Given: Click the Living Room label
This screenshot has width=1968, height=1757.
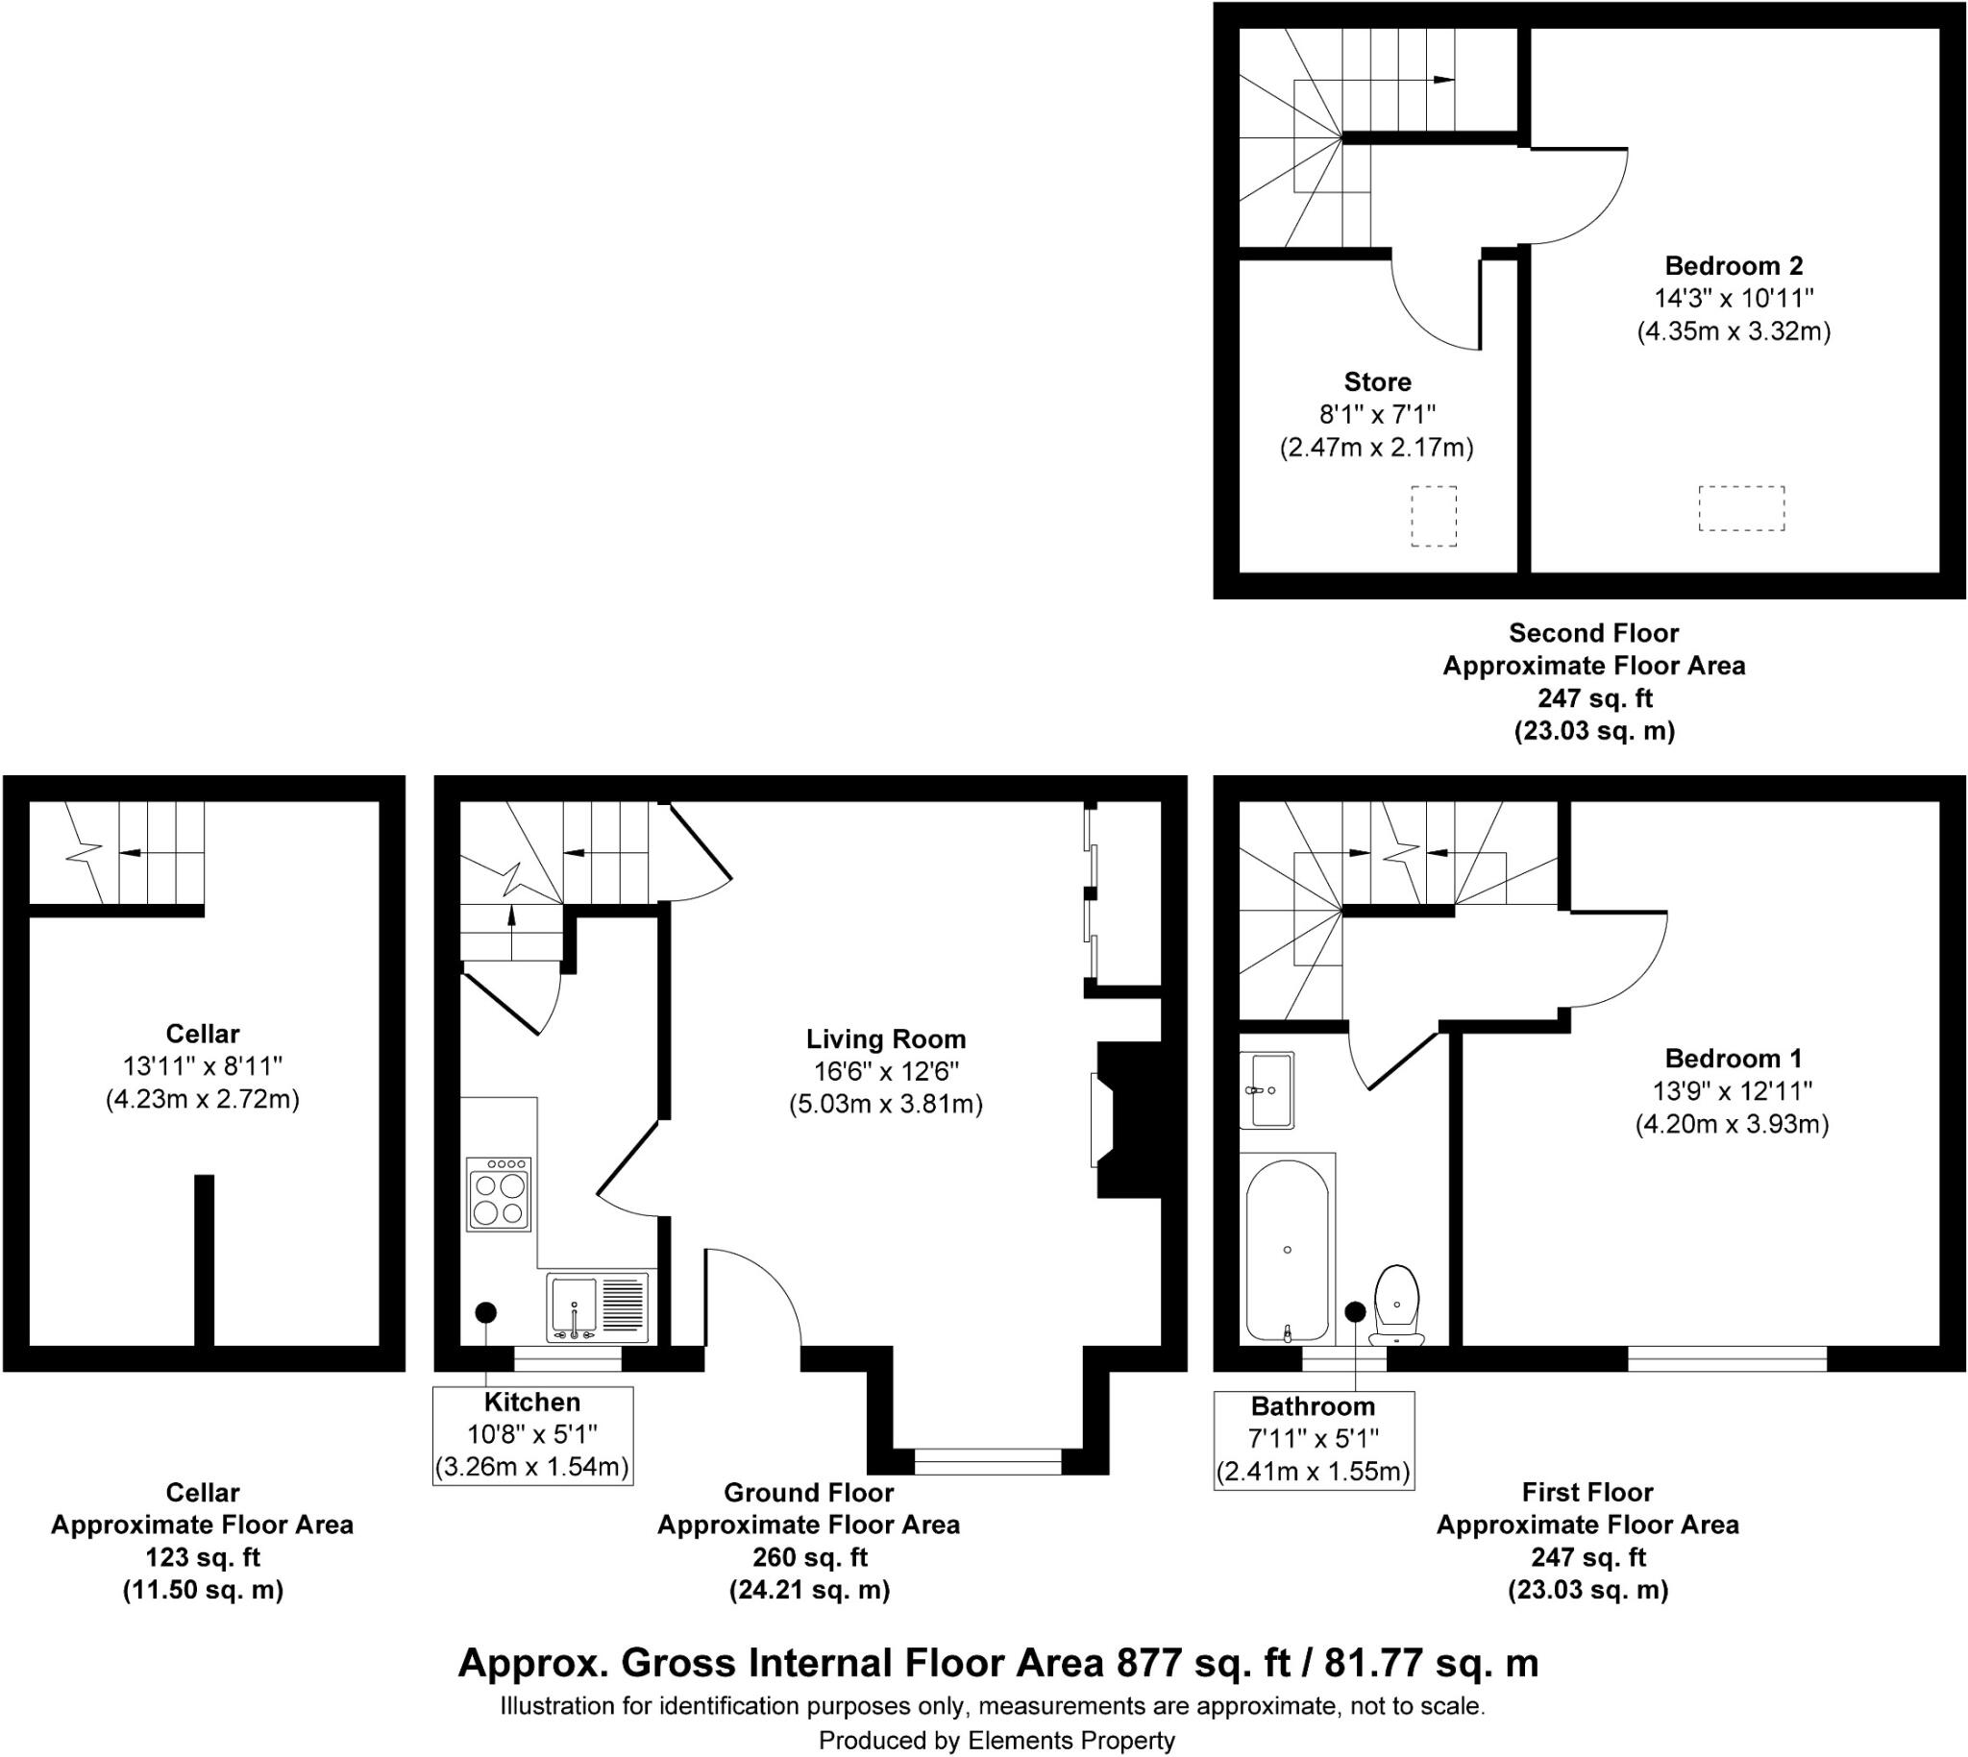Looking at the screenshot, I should coord(885,1039).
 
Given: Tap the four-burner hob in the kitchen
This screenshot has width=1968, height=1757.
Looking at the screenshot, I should coord(499,1195).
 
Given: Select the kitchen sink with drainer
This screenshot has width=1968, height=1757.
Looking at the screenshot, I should coord(598,1308).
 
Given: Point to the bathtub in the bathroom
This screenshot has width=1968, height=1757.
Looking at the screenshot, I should coord(1288,1251).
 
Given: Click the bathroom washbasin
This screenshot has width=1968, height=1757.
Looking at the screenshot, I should coord(1267,1091).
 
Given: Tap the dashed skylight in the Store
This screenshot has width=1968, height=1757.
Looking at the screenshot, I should coord(1433,517).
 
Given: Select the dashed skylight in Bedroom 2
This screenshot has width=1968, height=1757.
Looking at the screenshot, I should coord(1741,509).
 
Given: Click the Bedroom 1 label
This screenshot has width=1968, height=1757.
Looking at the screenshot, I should coord(1733,1058).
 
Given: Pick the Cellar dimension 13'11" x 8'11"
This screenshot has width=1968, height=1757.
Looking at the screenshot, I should coord(202,1066).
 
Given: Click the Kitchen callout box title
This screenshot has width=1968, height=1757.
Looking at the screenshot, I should coord(532,1402).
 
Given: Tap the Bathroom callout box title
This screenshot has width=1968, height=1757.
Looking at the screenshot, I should coord(1313,1406).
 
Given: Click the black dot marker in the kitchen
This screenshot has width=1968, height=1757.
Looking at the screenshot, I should coord(485,1312).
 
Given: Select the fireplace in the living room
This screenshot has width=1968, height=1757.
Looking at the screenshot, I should coord(1125,1120).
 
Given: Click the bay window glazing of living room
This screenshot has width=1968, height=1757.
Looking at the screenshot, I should coord(987,1461).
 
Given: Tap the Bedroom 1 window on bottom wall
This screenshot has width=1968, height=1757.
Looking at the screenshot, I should coord(1727,1359).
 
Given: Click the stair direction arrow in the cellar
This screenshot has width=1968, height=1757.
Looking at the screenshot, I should coord(128,852).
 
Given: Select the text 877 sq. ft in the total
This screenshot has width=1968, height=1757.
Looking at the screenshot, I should coord(1203,1664).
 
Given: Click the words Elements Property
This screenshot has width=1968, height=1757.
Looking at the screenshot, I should coord(1070,1741).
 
